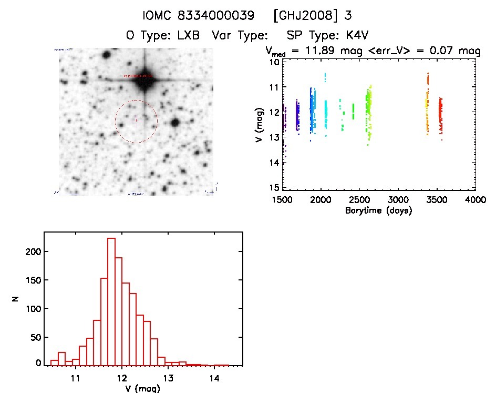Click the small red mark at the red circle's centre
136,120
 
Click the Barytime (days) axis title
378,210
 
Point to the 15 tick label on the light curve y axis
273,188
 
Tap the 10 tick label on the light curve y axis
273,62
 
